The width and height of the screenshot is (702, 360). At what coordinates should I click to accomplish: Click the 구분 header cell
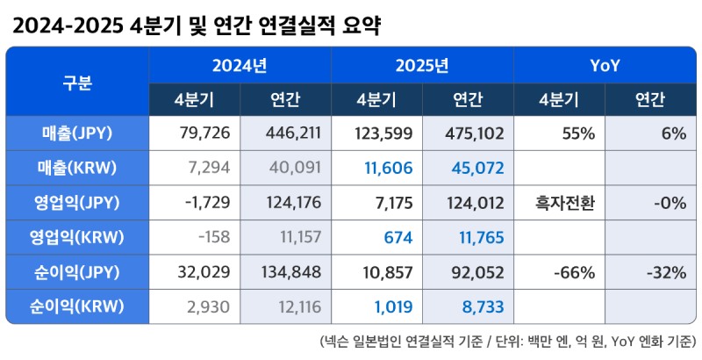[x=77, y=83]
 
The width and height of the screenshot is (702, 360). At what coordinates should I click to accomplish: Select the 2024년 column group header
[x=240, y=65]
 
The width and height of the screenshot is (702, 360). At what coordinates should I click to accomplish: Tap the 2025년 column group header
[x=422, y=65]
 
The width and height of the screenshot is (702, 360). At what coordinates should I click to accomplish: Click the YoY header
[x=605, y=65]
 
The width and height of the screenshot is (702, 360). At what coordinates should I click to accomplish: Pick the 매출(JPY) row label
[x=77, y=133]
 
